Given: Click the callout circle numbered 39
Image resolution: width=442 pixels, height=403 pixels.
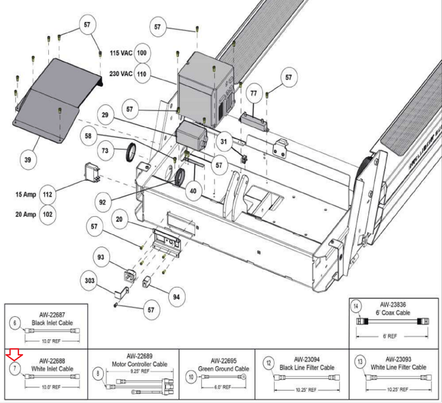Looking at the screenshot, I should (x=28, y=160).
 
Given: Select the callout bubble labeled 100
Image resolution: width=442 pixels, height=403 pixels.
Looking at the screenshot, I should (x=142, y=53).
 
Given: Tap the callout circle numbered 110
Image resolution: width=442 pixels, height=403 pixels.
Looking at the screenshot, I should (x=142, y=74).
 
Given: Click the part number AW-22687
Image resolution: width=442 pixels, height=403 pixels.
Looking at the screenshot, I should (x=52, y=315).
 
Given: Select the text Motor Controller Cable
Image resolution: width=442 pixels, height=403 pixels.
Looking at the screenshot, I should (x=140, y=364).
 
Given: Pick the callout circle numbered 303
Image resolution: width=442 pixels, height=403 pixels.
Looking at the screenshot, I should (x=90, y=281).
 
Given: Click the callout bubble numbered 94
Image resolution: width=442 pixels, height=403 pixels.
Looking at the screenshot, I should (x=176, y=297).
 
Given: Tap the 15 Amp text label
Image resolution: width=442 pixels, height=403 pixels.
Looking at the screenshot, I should (x=26, y=194).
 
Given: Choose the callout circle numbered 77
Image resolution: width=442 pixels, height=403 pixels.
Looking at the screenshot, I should (x=254, y=93).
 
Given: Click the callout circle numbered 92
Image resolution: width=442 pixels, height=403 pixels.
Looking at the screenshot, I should (x=102, y=202).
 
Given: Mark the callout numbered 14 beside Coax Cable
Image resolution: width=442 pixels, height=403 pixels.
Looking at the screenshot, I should (x=356, y=306).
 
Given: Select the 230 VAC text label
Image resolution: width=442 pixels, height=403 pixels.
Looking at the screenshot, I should (x=121, y=74).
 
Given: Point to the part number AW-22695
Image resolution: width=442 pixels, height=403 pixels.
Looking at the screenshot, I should (x=223, y=361).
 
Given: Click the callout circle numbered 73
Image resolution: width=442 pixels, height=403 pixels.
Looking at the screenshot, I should (x=105, y=151).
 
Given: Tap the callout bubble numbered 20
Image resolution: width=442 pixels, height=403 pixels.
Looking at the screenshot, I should (x=119, y=219).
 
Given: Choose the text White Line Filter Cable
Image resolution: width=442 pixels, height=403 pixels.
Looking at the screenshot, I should (x=398, y=367).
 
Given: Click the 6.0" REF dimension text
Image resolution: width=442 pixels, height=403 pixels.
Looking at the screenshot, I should (x=223, y=387).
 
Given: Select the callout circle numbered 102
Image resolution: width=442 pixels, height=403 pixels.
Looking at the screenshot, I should (x=48, y=214).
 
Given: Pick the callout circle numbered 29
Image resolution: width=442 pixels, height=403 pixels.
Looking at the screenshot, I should (x=105, y=115).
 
